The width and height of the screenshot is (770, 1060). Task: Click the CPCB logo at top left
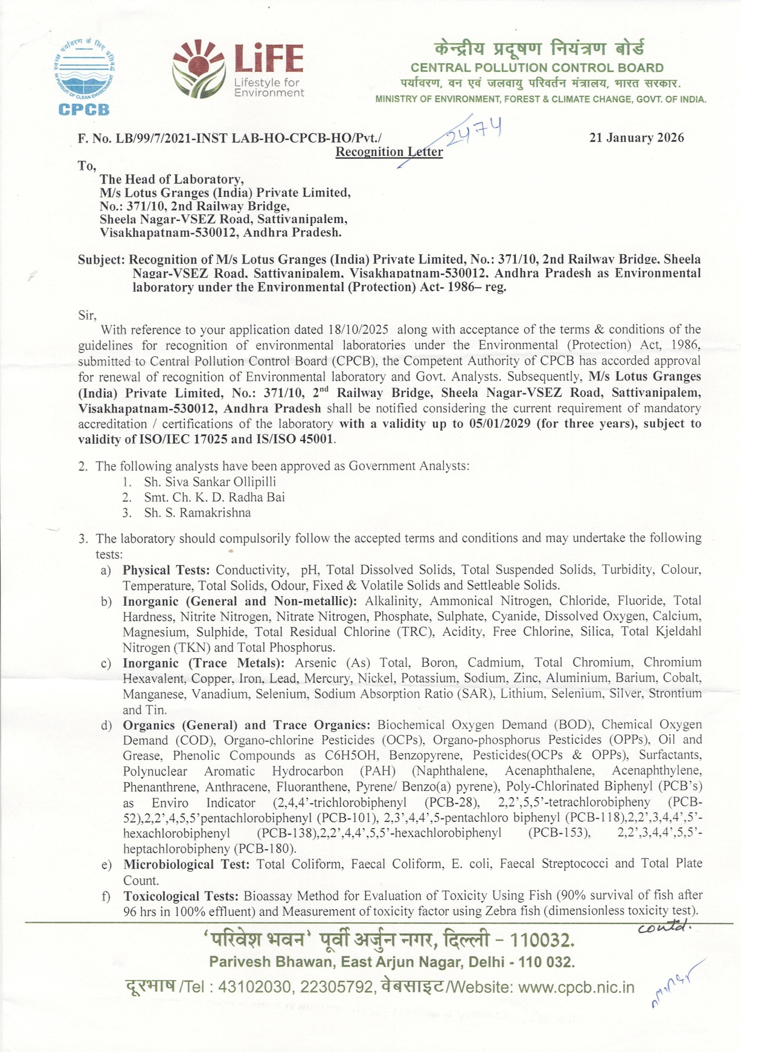pyautogui.click(x=85, y=75)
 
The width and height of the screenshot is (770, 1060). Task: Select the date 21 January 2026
pyautogui.click(x=637, y=138)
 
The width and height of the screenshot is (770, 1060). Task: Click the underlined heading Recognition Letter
pyautogui.click(x=389, y=152)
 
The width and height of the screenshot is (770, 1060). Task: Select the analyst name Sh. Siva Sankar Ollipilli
pyautogui.click(x=210, y=482)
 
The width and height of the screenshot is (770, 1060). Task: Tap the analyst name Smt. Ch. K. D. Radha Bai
pyautogui.click(x=214, y=497)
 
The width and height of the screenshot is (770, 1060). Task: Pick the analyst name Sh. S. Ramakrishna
pyautogui.click(x=197, y=513)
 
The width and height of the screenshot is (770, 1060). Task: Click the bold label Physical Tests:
pyautogui.click(x=166, y=570)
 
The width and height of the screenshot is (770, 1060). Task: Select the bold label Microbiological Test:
pyautogui.click(x=186, y=864)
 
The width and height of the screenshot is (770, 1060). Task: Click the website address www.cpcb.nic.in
pyautogui.click(x=576, y=987)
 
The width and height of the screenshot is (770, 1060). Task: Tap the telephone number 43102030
pyautogui.click(x=255, y=987)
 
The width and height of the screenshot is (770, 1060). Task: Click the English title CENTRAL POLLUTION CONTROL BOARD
pyautogui.click(x=537, y=68)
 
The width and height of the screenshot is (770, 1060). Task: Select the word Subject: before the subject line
pyautogui.click(x=101, y=260)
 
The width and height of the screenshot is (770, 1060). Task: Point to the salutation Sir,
pyautogui.click(x=87, y=315)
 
